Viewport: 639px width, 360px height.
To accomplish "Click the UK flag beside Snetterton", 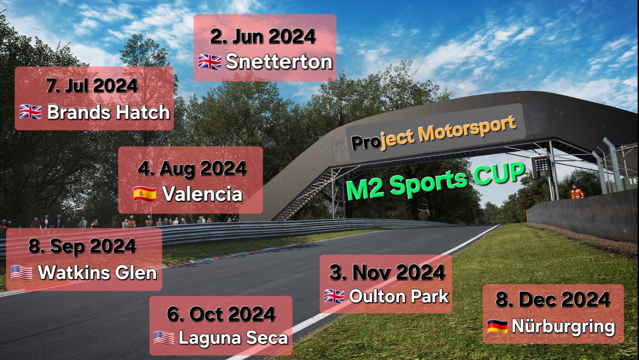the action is (210, 62).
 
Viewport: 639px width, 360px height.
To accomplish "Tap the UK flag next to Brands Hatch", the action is (30, 112).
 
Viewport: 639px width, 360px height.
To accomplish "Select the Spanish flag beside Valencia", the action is (145, 194).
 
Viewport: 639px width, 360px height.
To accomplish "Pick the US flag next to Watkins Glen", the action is (21, 272).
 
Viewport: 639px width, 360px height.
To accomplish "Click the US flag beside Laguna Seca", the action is (164, 338).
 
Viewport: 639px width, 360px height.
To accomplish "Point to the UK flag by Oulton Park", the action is (334, 296).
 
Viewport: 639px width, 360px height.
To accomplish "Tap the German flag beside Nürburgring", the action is (497, 326).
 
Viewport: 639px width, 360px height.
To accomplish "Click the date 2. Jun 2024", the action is (263, 36).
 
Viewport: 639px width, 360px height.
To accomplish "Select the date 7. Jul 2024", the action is (92, 85).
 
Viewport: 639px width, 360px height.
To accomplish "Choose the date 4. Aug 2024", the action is (192, 168).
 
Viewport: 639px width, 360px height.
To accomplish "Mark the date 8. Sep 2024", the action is (82, 246).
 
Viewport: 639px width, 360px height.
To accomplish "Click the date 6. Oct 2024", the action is (221, 314).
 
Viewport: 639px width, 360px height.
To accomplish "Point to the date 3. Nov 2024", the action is (387, 272).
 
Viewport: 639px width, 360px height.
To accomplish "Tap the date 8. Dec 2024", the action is (553, 299).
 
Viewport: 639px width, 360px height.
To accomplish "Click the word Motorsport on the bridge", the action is (467, 129).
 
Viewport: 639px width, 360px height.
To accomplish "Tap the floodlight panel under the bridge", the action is (541, 166).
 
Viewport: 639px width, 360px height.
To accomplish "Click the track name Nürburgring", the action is (563, 326).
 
